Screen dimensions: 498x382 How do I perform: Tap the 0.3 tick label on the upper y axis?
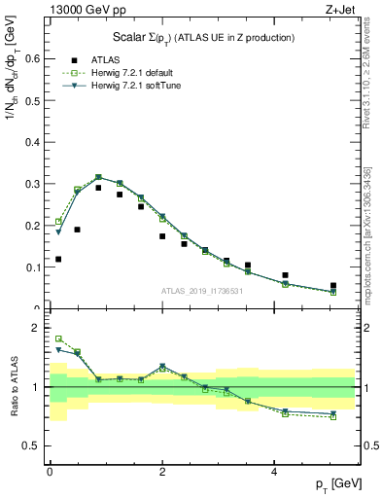[34, 184]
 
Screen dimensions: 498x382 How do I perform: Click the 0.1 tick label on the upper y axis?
[34, 267]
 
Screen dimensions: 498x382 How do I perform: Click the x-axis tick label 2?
[162, 473]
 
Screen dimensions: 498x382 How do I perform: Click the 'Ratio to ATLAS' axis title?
[13, 387]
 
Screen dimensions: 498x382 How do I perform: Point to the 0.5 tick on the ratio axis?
[34, 445]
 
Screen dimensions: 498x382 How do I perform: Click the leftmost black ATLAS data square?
[58, 259]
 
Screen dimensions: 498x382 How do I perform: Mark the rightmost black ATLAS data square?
[332, 286]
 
